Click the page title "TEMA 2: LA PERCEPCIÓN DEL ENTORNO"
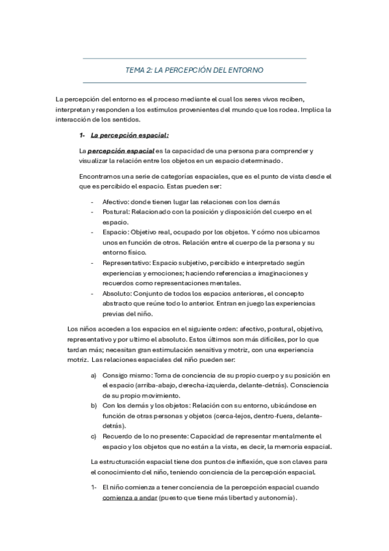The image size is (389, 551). pos(194,70)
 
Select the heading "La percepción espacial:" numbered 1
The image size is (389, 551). pos(129,136)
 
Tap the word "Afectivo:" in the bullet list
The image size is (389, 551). pos(116,202)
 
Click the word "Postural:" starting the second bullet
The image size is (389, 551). pos(116,212)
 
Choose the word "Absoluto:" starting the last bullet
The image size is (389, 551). pos(116,292)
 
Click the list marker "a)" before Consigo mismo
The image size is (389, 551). pos(94,376)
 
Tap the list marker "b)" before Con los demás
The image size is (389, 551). pos(94,406)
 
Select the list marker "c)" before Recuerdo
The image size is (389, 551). pos(94,436)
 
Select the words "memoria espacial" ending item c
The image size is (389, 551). pos(307,446)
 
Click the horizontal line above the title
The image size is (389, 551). pos(194,58)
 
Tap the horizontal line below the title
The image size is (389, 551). pos(194,83)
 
